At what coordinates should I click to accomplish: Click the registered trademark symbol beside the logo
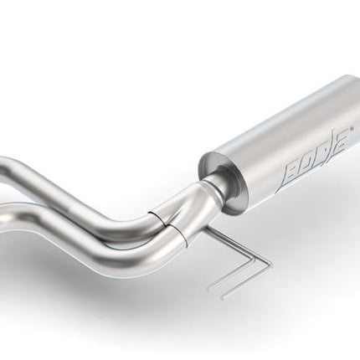pos(352,129)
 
